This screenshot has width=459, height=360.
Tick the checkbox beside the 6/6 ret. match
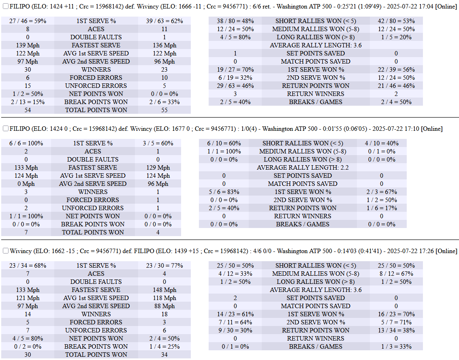click(5, 6)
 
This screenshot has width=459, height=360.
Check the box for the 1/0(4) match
click(5, 129)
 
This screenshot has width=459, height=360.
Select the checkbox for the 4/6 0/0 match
click(5, 251)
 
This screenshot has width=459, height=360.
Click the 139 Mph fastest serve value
click(28, 45)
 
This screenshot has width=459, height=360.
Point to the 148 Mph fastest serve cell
click(164, 290)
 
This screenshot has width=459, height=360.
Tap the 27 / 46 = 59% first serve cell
click(28, 21)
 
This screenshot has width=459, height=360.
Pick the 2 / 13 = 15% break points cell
click(28, 102)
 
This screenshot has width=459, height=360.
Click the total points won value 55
click(164, 110)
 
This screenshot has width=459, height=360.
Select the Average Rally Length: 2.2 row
click(303, 168)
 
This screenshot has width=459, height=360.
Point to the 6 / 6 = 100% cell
click(26, 143)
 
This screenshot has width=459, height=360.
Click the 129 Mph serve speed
click(158, 168)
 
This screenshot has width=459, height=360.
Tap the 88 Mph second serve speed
click(164, 306)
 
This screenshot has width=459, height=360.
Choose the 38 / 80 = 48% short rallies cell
click(235, 21)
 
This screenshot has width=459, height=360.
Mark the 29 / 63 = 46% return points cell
click(235, 86)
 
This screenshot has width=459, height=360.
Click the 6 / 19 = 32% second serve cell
click(235, 78)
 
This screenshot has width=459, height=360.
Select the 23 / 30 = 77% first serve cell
click(164, 266)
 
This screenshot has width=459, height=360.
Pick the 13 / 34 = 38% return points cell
click(396, 330)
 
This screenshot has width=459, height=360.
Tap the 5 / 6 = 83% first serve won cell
click(224, 192)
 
